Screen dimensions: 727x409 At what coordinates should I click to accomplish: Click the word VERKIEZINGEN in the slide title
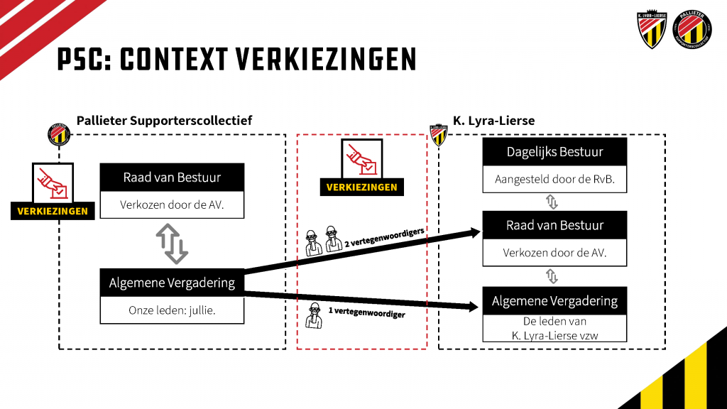pos(326,60)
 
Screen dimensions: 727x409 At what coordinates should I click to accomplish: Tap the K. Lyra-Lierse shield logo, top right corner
pos(652,28)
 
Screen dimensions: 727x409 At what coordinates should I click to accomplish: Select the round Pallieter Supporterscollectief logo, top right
pos(692,28)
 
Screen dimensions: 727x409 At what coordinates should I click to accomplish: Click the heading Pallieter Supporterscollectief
pos(164,121)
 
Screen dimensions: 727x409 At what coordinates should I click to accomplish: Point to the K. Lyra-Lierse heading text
pos(494,121)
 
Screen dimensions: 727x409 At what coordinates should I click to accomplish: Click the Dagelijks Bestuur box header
pos(554,152)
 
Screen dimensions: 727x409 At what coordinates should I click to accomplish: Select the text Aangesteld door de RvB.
pos(554,179)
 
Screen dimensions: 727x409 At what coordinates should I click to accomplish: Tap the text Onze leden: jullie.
pos(172,310)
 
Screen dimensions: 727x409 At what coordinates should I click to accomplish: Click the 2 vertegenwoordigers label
pos(384,237)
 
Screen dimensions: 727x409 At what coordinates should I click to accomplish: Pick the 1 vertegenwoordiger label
pos(367,312)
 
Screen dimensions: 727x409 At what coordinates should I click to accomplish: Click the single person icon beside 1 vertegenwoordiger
pos(315,315)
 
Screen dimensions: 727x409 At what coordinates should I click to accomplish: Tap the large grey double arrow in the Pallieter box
pos(172,244)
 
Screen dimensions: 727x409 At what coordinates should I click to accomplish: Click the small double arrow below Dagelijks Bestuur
pos(552,202)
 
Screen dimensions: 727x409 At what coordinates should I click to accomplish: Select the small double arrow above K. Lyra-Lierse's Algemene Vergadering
pos(552,276)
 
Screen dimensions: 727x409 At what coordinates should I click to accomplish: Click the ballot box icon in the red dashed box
pos(361,158)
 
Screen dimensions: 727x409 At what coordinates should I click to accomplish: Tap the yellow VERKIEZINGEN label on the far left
pos(53,211)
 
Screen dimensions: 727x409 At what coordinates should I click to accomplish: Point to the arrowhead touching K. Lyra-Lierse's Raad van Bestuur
pos(474,232)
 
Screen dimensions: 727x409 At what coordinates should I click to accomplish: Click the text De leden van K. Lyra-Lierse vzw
pos(554,328)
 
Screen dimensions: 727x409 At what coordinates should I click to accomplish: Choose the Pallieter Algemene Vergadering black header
pos(172,283)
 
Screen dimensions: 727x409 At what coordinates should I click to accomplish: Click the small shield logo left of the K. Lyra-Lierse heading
pos(438,135)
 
